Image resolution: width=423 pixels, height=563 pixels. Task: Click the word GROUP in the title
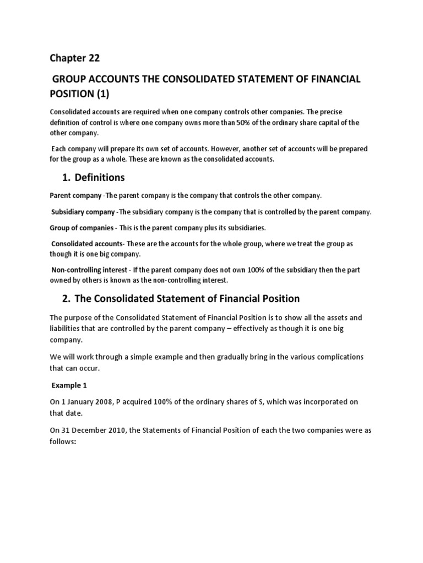click(x=72, y=79)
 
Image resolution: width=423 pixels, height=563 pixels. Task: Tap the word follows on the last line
click(x=64, y=441)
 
